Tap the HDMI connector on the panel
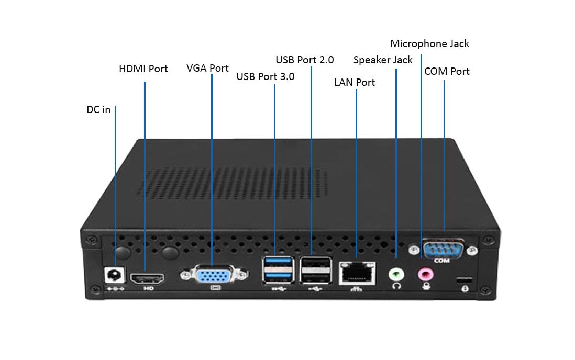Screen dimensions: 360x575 click(x=147, y=277)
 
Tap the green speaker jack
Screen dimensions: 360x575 click(x=396, y=273)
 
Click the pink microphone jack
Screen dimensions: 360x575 click(x=426, y=273)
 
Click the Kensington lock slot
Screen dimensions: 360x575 click(x=465, y=279)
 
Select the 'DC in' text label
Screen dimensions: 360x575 click(x=98, y=110)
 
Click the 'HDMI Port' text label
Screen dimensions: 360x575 click(x=143, y=69)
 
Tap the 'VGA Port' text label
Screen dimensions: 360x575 click(x=207, y=69)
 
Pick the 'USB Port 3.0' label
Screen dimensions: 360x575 click(x=266, y=77)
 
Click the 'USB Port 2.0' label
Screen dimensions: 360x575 click(x=305, y=60)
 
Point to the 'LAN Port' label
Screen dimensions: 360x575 click(x=355, y=82)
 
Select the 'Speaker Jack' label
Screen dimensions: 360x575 click(x=383, y=60)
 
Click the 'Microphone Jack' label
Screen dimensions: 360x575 click(x=429, y=44)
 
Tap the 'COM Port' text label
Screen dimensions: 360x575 click(x=447, y=72)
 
